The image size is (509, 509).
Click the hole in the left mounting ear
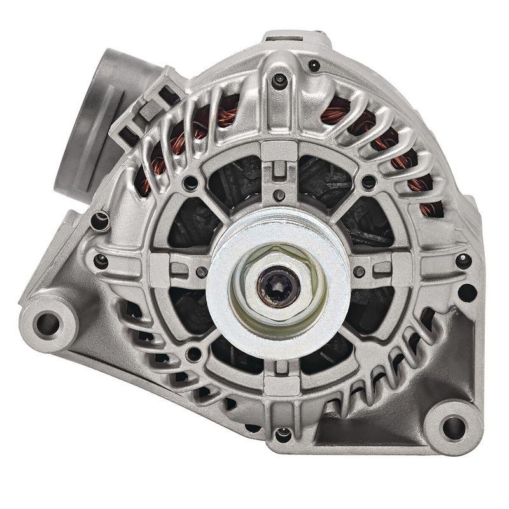pyautogui.click(x=47, y=323)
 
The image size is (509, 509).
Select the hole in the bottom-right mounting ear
pyautogui.click(x=453, y=427)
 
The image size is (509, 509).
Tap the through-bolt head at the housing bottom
pyautogui.click(x=282, y=435)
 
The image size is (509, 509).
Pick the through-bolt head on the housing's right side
pyautogui.click(x=463, y=260)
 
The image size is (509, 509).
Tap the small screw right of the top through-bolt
pyautogui.click(x=314, y=65)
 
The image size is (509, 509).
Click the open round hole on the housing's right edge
pyautogui.click(x=467, y=293)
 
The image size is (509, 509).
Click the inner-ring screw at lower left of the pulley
pyautogui.click(x=193, y=354)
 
